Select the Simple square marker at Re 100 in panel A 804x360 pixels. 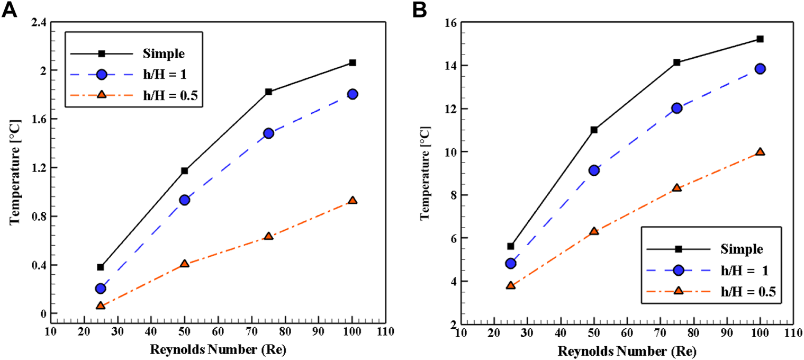coord(353,62)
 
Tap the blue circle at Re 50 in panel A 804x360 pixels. coord(185,200)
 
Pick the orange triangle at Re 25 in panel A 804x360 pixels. coord(101,305)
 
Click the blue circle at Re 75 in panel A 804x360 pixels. coord(268,133)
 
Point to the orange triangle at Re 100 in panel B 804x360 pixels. coord(760,152)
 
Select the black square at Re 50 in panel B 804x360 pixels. coord(594,130)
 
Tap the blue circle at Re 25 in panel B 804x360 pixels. coord(511,263)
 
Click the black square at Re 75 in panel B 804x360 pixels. coord(676,62)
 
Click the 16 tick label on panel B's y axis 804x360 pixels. coord(448,23)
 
